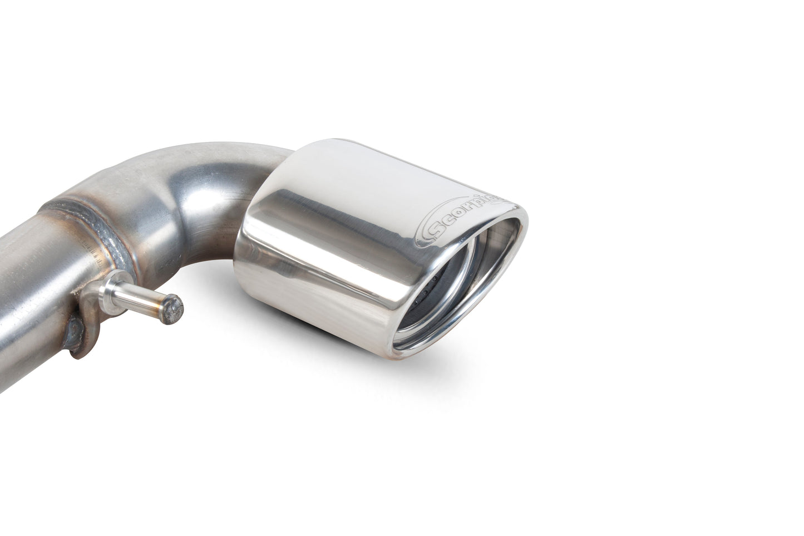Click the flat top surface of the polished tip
point(389,161)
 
